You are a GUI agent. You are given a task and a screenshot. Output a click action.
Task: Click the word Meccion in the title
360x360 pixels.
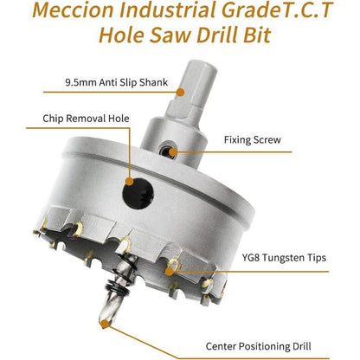pyautogui.click(x=74, y=10)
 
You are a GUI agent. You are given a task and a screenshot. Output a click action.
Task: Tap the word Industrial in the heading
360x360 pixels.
pyautogui.click(x=167, y=10)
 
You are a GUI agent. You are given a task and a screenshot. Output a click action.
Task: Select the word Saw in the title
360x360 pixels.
pyautogui.click(x=170, y=35)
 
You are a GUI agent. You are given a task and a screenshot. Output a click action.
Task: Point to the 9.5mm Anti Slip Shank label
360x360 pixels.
pyautogui.click(x=117, y=82)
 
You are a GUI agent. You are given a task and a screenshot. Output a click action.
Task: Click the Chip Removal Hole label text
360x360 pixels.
pyautogui.click(x=86, y=119)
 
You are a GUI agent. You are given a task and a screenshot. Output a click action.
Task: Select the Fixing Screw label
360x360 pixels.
pyautogui.click(x=253, y=140)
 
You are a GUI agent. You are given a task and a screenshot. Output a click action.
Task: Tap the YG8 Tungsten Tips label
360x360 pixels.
pyautogui.click(x=284, y=258)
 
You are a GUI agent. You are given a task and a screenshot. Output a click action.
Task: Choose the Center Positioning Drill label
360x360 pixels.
pyautogui.click(x=258, y=346)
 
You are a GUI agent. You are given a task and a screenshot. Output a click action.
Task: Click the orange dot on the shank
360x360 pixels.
pyautogui.click(x=181, y=92)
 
